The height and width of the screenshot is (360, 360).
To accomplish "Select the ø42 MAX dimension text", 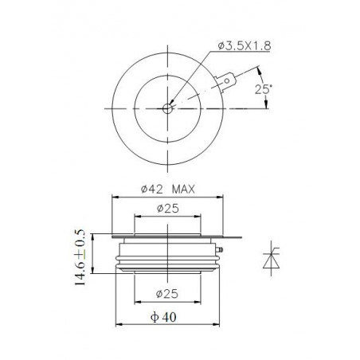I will click(x=167, y=190).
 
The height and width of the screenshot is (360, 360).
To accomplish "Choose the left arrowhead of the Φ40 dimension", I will click(x=119, y=323).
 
